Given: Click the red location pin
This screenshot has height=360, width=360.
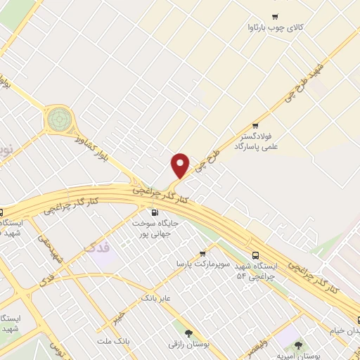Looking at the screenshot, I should [x=181, y=165].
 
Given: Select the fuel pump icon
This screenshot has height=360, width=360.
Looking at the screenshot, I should [x=154, y=212].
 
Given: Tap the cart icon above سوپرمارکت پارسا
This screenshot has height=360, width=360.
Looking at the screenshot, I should [x=202, y=254].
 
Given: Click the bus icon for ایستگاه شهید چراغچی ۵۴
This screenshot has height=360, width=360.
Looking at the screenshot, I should [x=255, y=255].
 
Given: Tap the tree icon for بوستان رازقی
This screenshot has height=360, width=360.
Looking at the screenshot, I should [x=188, y=334].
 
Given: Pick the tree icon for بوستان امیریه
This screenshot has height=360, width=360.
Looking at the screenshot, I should [x=300, y=345].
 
